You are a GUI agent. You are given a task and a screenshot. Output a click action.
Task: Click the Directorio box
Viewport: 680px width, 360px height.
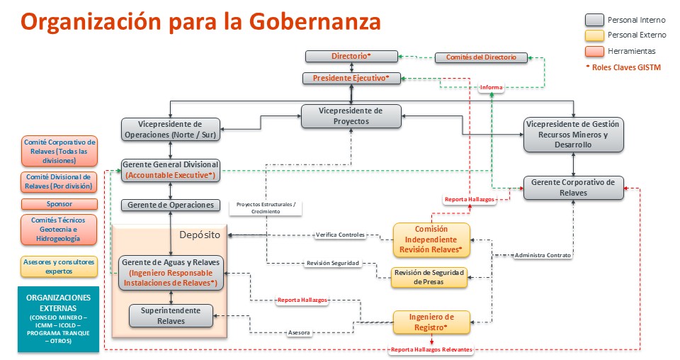tap(351, 56)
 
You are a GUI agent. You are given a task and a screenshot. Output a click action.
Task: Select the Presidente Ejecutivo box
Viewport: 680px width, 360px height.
tap(351, 78)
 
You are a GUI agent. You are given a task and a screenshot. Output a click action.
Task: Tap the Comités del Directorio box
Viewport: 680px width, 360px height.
tap(481, 57)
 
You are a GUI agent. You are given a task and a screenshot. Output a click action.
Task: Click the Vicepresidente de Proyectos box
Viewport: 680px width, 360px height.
tap(351, 116)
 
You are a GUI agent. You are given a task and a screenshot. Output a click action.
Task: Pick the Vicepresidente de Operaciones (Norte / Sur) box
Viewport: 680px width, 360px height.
tap(171, 129)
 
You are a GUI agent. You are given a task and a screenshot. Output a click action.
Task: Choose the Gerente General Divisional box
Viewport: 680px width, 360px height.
tap(170, 169)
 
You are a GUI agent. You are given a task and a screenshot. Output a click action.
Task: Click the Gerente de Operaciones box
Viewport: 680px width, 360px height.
tap(170, 205)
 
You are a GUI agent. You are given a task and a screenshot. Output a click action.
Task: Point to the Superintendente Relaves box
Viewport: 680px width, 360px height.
tap(171, 315)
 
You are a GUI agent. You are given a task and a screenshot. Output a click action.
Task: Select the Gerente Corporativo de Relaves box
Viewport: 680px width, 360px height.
tap(573, 187)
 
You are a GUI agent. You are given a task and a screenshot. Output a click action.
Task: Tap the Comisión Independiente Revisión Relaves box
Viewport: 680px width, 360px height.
tap(431, 240)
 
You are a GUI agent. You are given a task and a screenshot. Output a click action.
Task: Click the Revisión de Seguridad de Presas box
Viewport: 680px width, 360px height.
tap(430, 277)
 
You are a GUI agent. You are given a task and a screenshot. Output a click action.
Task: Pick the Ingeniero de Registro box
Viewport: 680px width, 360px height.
tap(431, 322)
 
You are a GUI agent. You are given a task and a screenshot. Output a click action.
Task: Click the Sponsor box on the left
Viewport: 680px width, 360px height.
tap(59, 203)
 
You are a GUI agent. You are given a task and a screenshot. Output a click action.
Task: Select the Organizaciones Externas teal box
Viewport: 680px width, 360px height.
tap(58, 319)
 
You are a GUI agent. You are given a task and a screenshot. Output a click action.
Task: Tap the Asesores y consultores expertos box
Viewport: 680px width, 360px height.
tap(59, 266)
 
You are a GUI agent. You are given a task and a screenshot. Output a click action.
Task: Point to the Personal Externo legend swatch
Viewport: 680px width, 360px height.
tap(594, 35)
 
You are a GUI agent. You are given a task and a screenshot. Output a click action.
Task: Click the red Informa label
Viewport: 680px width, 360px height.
tap(491, 88)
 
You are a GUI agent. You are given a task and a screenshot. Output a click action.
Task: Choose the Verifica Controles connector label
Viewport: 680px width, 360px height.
tap(340, 235)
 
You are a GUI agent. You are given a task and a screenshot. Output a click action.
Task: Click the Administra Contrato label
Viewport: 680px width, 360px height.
tap(543, 254)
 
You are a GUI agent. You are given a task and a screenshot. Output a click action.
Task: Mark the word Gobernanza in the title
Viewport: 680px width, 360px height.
tap(315, 21)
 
